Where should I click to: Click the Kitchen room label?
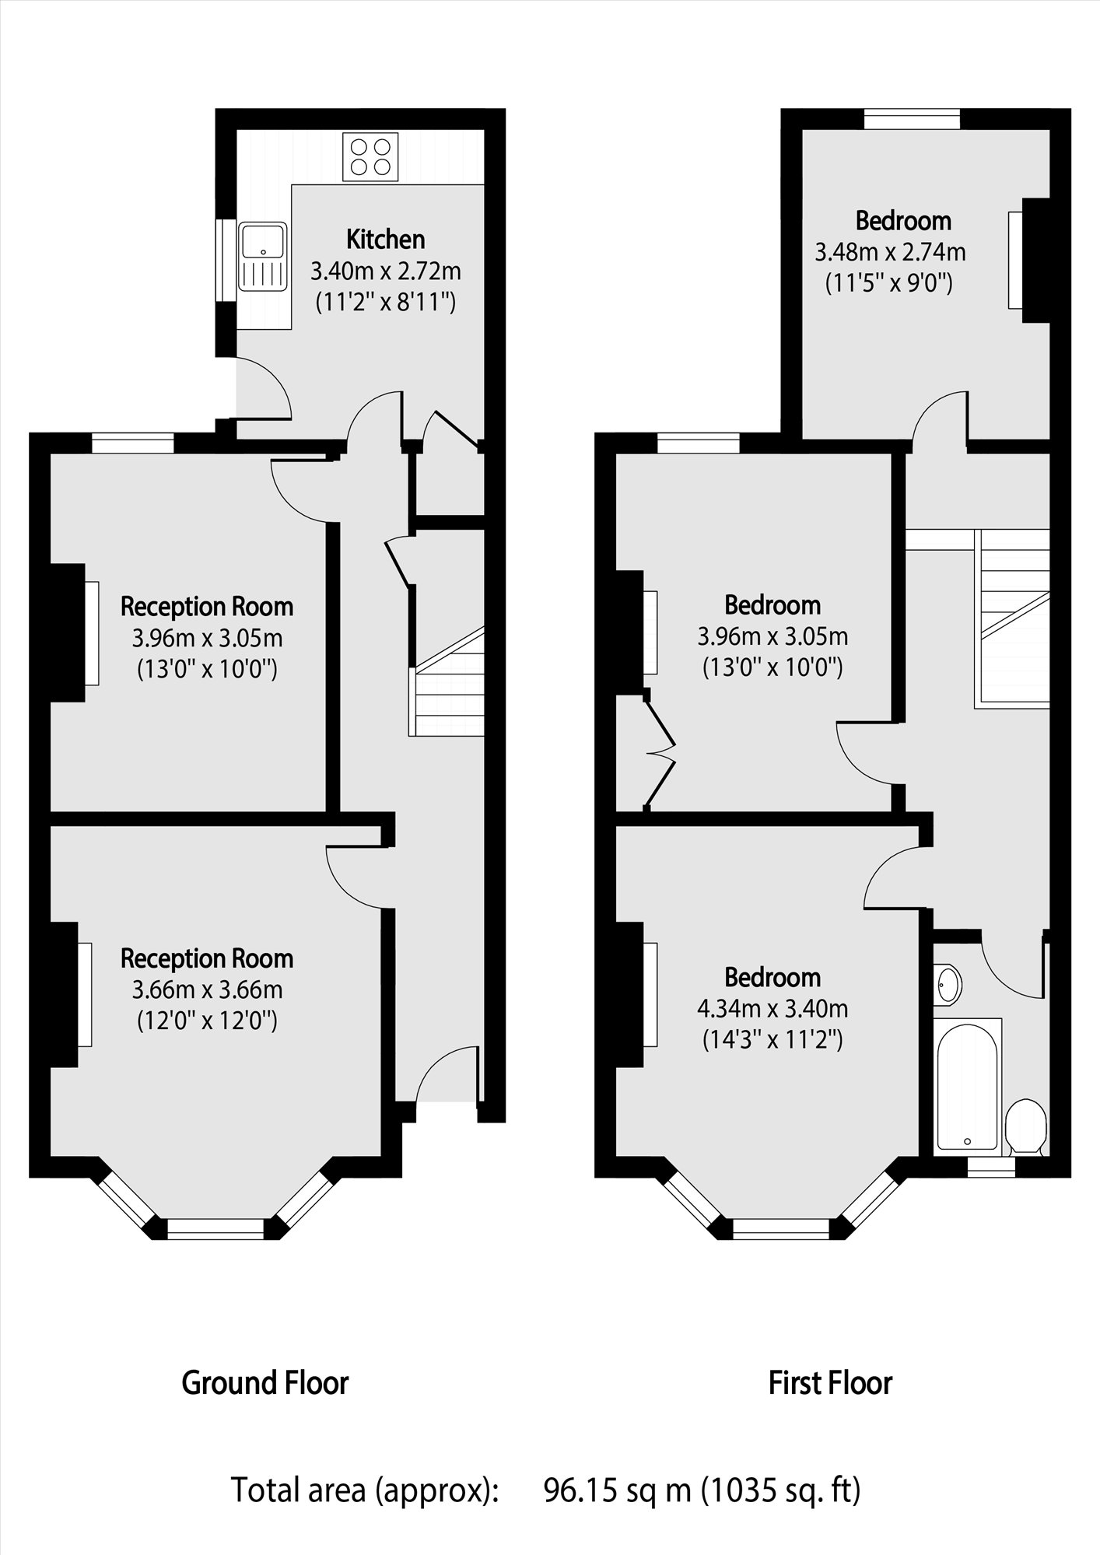tap(385, 239)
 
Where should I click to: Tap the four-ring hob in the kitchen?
tap(370, 156)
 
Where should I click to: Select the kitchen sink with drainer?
tap(263, 256)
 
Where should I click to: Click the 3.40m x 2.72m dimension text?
tap(385, 271)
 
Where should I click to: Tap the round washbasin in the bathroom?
tap(948, 984)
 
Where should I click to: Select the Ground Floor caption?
tap(264, 1382)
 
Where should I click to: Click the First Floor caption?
tap(830, 1382)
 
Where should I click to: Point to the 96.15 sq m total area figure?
tap(617, 1490)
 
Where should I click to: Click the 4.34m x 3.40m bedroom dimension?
tap(772, 1009)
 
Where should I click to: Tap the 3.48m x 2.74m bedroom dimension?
tap(890, 252)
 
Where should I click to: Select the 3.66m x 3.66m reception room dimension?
tap(207, 990)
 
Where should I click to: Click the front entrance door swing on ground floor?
tap(445, 1075)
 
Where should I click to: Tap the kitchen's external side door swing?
tap(263, 389)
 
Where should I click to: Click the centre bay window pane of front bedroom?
tap(781, 1228)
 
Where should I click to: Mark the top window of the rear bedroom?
tap(912, 120)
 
